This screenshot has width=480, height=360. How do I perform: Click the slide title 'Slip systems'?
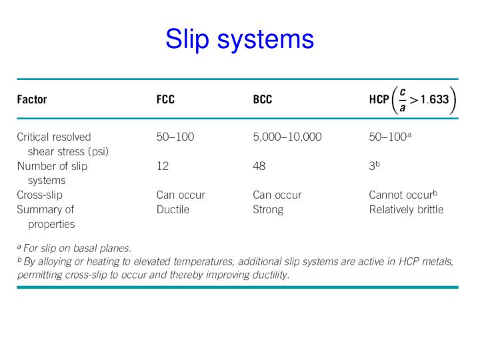click(x=239, y=39)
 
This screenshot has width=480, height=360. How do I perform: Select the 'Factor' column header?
click(x=31, y=100)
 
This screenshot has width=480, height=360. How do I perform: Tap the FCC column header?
click(x=167, y=100)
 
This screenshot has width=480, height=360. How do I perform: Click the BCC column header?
click(x=263, y=100)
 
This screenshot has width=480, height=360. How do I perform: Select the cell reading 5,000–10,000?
click(x=287, y=137)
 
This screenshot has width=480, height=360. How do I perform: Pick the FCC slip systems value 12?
click(x=163, y=166)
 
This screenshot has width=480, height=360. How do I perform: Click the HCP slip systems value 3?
click(x=373, y=166)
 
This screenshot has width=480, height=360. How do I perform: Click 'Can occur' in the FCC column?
click(x=180, y=195)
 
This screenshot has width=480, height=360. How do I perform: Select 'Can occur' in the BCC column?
click(x=277, y=195)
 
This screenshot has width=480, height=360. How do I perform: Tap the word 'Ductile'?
click(x=173, y=209)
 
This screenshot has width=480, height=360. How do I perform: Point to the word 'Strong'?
click(x=268, y=209)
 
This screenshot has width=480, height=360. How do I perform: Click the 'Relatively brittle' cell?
click(x=405, y=209)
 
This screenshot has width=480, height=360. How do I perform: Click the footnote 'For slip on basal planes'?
click(x=77, y=248)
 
